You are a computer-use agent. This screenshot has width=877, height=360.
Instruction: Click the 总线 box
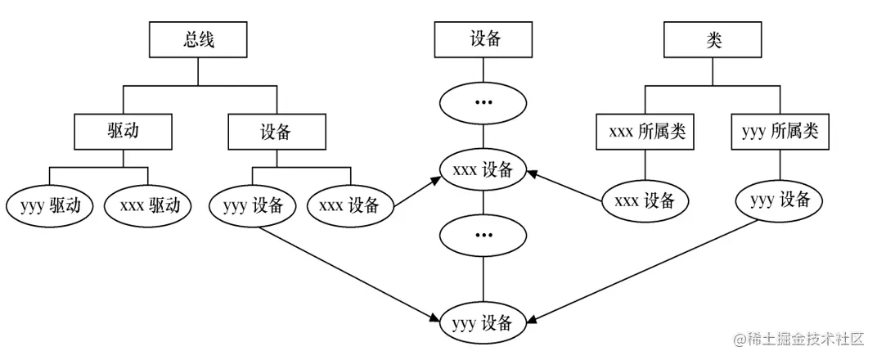(x=197, y=39)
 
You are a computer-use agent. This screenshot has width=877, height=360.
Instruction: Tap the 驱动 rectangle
(x=124, y=132)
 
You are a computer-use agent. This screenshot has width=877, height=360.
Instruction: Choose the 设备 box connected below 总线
(x=276, y=132)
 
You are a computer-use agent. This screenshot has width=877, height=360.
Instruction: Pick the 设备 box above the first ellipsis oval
(x=484, y=39)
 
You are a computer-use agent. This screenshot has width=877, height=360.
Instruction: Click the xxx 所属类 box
(x=646, y=132)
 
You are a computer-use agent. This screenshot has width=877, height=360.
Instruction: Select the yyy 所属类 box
(x=779, y=132)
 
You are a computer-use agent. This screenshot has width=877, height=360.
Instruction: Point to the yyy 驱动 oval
(x=49, y=205)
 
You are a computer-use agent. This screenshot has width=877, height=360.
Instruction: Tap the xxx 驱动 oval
(x=148, y=205)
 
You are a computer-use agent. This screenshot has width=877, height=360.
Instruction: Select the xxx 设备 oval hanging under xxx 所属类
(x=645, y=200)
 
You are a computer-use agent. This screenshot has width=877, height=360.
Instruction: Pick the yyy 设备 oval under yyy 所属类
(x=779, y=199)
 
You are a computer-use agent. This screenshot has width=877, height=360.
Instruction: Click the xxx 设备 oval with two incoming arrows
(x=484, y=170)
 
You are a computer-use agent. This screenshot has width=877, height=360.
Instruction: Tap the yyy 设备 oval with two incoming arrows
(x=484, y=322)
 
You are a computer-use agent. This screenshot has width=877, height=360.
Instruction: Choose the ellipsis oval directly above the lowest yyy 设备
(x=484, y=235)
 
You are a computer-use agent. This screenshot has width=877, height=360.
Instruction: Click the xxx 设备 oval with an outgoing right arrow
(x=351, y=205)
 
